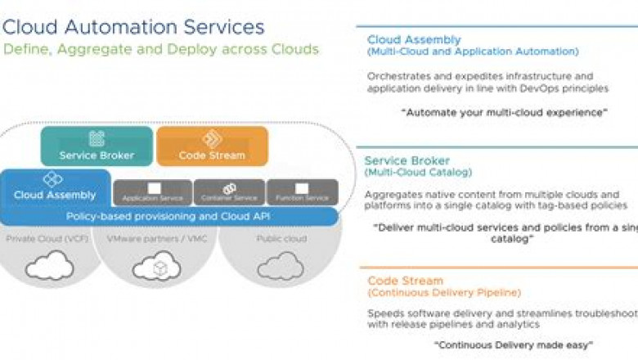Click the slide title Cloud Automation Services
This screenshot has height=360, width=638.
click(x=133, y=26)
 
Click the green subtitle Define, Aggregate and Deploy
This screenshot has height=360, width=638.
click(x=160, y=49)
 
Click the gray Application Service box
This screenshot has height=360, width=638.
click(x=153, y=192)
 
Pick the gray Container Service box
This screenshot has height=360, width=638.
click(x=229, y=192)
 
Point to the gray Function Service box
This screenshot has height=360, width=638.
click(x=302, y=192)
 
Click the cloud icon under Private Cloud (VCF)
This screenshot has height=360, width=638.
click(x=49, y=266)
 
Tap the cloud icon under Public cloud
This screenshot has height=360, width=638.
click(x=270, y=266)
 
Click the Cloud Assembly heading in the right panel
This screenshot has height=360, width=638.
click(x=414, y=39)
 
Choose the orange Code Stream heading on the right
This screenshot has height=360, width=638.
click(x=405, y=281)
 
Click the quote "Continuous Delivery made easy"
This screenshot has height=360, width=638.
click(x=513, y=344)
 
